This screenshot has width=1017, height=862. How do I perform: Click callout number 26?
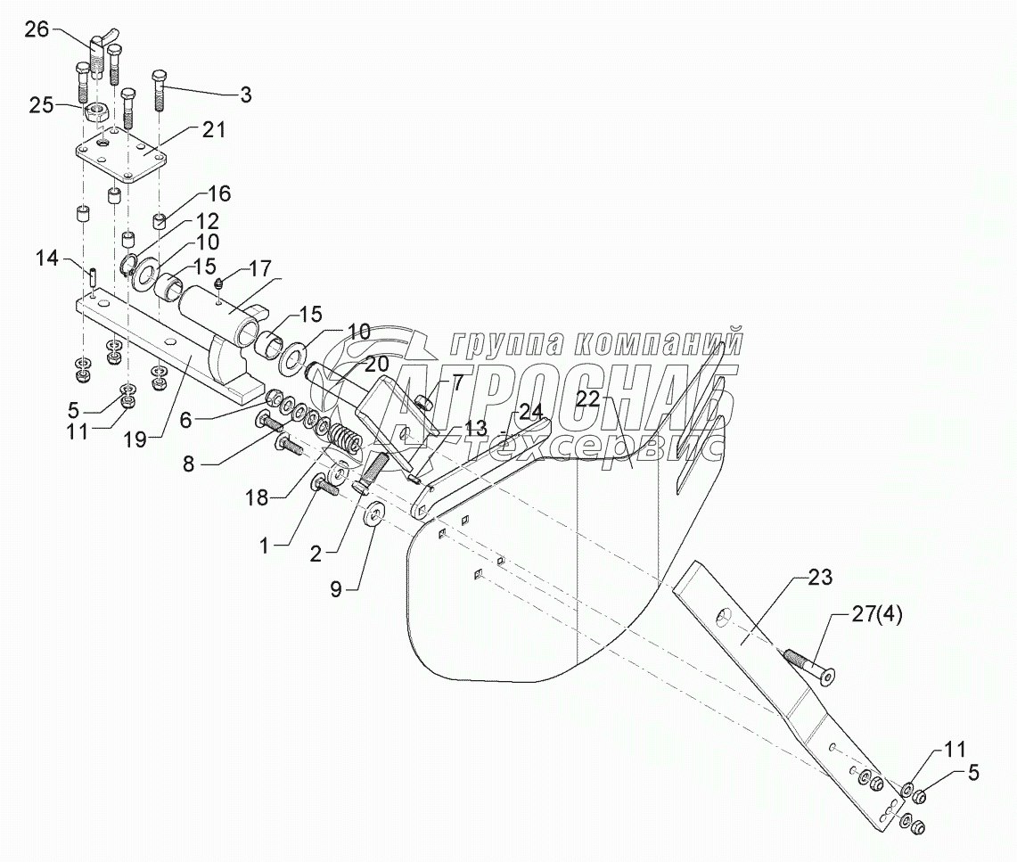click(x=37, y=29)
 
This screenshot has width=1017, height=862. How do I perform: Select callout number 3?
click(x=245, y=94)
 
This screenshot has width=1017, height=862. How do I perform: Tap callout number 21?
click(x=213, y=130)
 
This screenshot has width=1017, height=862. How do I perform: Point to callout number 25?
click(x=42, y=105)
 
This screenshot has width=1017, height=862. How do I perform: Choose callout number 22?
click(x=588, y=399)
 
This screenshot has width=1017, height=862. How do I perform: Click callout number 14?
click(x=46, y=259)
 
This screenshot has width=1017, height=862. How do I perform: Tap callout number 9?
click(x=336, y=589)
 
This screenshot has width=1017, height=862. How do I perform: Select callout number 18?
click(x=258, y=499)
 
